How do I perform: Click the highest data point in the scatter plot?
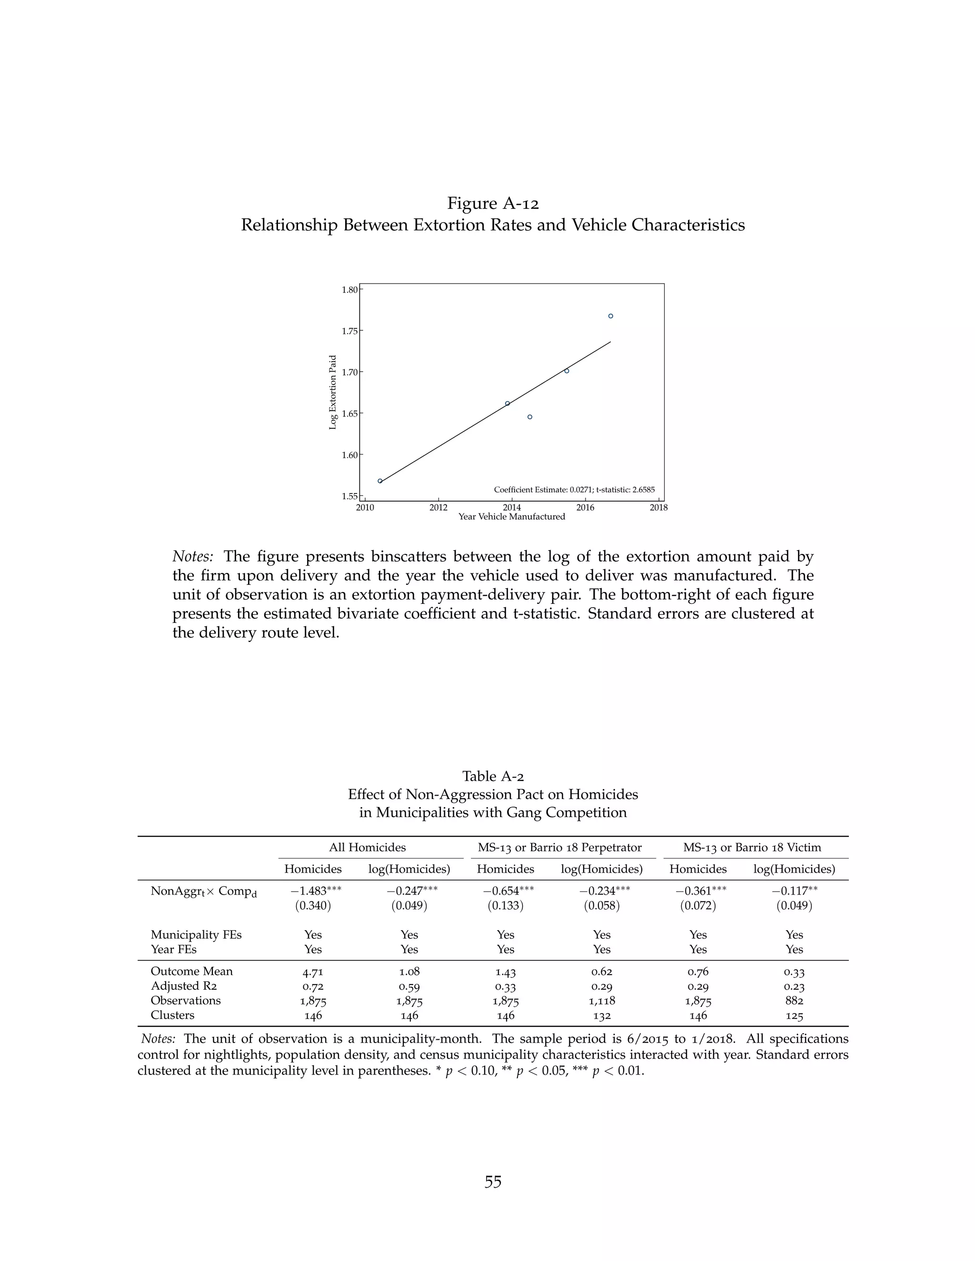coord(610,316)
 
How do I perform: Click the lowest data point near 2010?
coord(380,481)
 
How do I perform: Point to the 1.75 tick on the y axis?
coord(349,331)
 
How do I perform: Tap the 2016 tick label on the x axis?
coord(585,508)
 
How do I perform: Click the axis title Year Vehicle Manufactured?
coord(512,517)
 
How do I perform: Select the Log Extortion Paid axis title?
coord(333,392)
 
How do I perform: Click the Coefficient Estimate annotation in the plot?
coord(574,490)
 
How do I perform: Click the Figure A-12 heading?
coord(493,203)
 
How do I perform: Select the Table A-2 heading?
coord(493,776)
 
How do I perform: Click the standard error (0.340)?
coord(313,906)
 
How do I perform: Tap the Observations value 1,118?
coord(601,1001)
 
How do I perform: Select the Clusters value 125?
coord(794,1015)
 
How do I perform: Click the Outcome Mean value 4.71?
coord(313,972)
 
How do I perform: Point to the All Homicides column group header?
coord(368,847)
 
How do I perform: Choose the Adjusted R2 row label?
coord(184,986)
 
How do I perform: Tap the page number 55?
coord(493,1182)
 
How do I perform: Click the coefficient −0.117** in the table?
coord(794,890)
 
